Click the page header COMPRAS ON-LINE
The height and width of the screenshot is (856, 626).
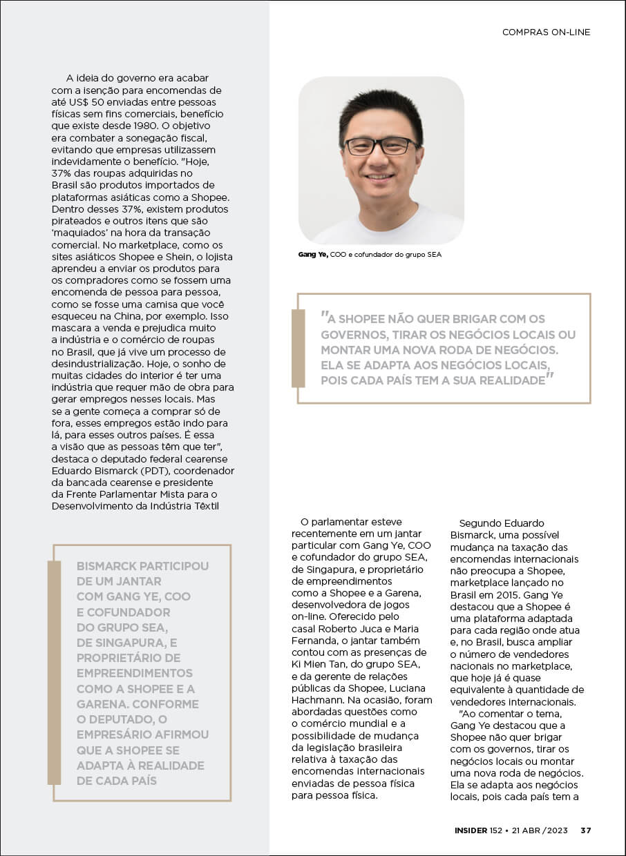546,32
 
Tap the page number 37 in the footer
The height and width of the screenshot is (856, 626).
585,830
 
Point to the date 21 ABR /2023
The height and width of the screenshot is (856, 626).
540,830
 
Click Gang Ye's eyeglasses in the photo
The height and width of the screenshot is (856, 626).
381,146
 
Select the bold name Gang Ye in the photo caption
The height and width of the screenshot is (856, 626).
313,255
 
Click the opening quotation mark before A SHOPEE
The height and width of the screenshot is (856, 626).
323,316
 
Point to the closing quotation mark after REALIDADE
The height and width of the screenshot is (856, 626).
551,377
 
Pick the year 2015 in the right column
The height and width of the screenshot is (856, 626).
505,594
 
